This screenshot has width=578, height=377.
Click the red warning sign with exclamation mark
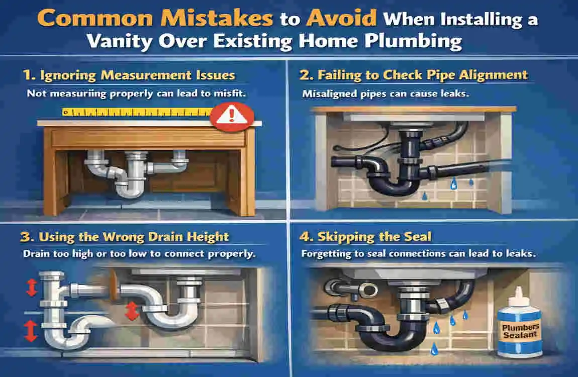point(231,116)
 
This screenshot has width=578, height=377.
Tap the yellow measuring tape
point(136,112)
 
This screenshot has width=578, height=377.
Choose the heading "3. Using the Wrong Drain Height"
point(126,237)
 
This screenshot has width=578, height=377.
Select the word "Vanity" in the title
point(119,41)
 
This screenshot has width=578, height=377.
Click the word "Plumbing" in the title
point(418,41)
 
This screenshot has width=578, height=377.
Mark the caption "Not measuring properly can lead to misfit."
point(139,93)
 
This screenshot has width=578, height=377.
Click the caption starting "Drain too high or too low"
point(139,254)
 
